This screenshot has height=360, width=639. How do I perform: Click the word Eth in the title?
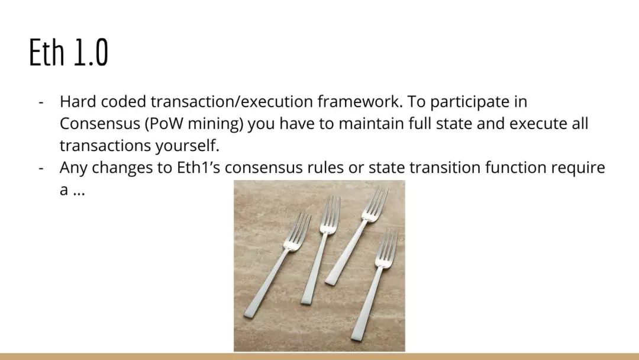[47, 52]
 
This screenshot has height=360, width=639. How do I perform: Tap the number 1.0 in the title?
[91, 52]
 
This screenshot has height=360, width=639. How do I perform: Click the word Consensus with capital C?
[100, 124]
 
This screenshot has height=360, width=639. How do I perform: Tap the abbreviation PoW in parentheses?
[167, 124]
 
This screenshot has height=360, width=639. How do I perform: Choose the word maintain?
[371, 124]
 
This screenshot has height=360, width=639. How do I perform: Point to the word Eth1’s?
[198, 168]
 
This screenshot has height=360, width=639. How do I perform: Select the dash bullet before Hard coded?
[41, 102]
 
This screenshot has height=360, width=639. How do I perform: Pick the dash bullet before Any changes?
[41, 168]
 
